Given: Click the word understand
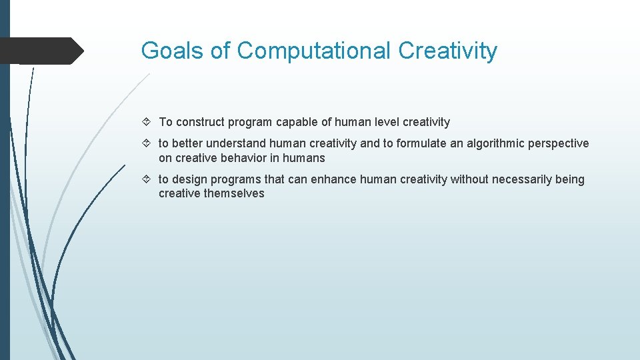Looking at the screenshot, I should (236, 143).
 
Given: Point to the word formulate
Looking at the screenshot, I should (423, 143).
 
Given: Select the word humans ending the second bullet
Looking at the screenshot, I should (304, 158).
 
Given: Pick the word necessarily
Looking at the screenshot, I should (523, 179).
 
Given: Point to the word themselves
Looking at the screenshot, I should (234, 193).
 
